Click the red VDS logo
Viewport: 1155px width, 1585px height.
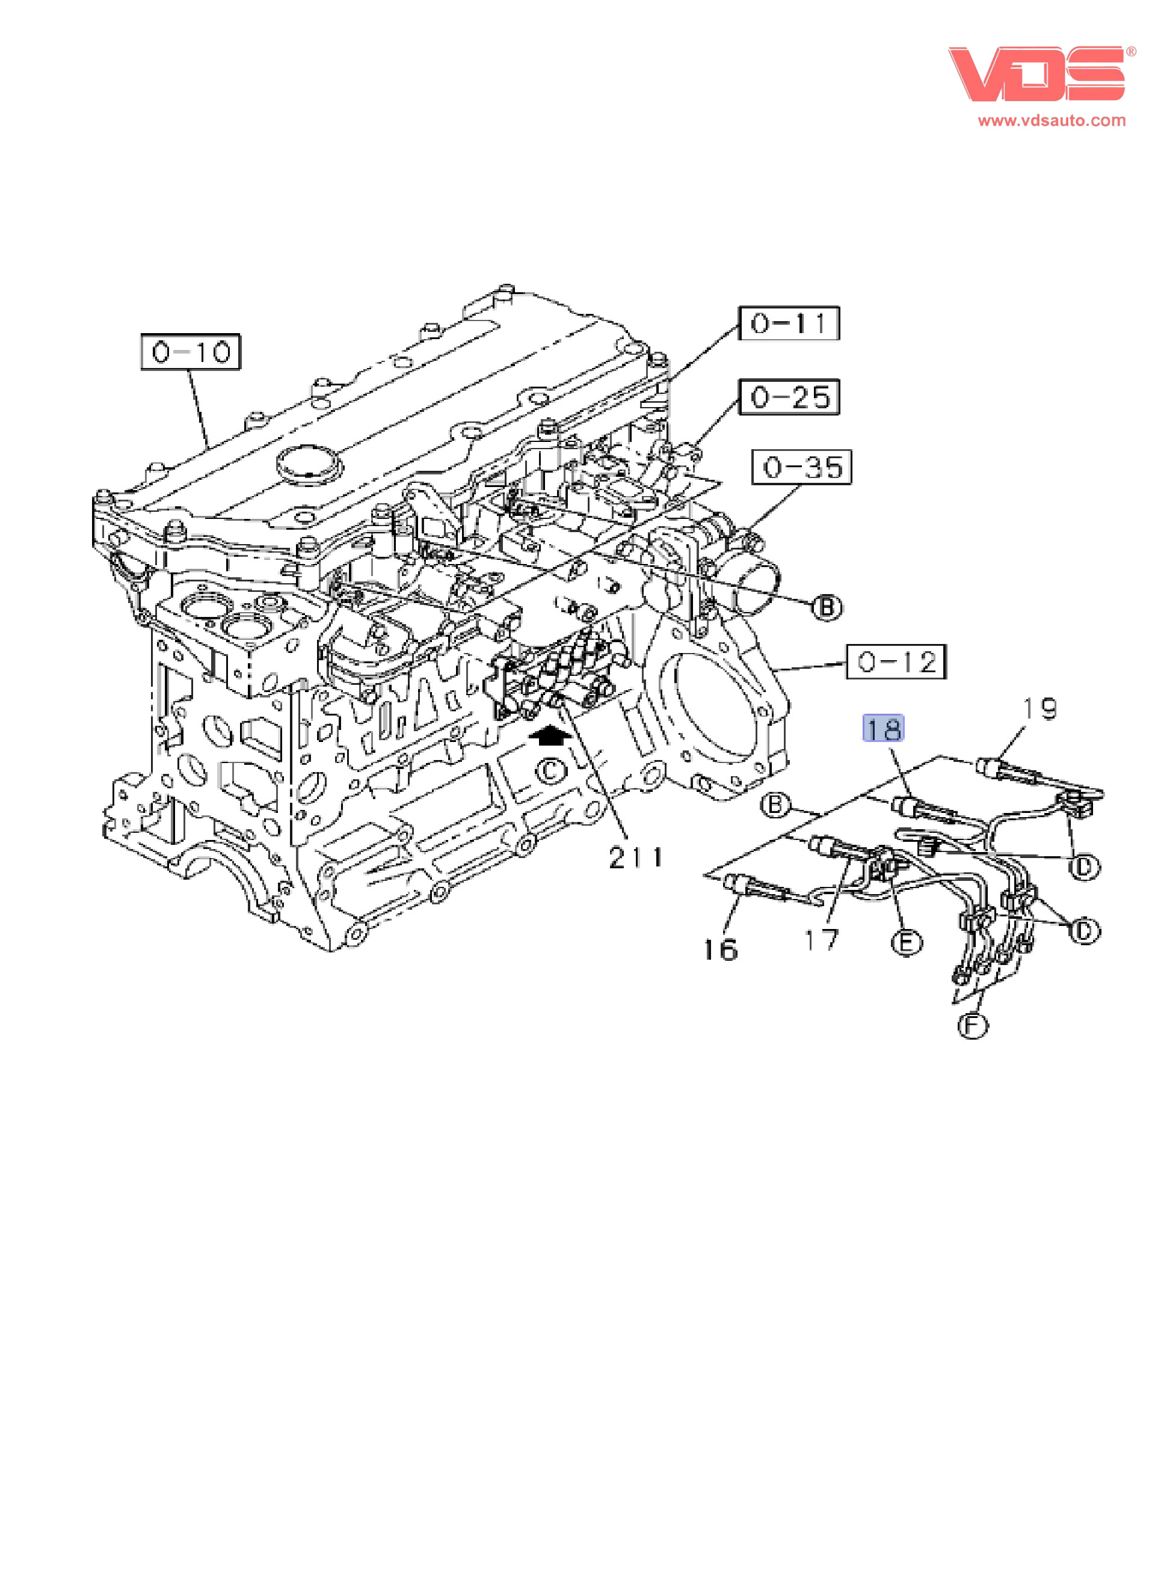tap(1036, 74)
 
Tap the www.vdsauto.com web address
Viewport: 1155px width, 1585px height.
tap(1052, 120)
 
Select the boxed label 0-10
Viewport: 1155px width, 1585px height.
tap(191, 352)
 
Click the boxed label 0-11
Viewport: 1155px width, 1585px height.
tap(789, 323)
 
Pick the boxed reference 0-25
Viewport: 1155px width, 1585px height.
tap(789, 397)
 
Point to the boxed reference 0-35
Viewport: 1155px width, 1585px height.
tap(801, 467)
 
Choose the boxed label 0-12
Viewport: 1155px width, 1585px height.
tap(896, 661)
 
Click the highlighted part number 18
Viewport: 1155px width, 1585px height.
tap(883, 729)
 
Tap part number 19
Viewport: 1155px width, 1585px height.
tap(1039, 709)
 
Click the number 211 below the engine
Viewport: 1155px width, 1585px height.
tap(635, 857)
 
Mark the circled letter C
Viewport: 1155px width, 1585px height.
tap(551, 771)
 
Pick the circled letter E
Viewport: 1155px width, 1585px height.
tap(906, 943)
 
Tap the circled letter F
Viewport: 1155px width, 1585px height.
tap(972, 1026)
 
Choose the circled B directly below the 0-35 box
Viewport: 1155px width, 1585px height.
tap(827, 607)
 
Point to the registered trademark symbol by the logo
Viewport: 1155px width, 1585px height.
tap(1130, 52)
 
